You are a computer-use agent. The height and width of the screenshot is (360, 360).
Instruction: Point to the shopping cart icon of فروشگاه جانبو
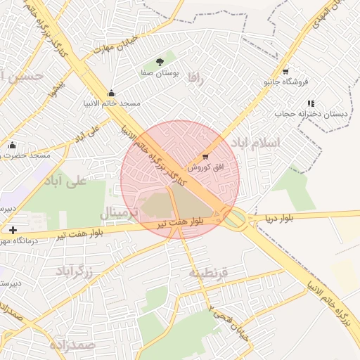pos(285,71)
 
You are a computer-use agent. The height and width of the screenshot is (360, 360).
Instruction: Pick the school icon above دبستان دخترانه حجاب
pos(310,103)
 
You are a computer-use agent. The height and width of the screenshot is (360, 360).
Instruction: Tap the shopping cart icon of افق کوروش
pos(205,157)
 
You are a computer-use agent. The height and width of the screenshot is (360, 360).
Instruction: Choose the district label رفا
pos(195,79)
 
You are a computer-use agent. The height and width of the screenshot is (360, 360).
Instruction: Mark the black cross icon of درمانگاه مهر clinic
pos(13,230)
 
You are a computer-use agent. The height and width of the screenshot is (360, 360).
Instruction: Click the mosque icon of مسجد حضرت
pos(11,145)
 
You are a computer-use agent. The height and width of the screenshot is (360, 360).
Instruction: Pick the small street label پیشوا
pos(56,87)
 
